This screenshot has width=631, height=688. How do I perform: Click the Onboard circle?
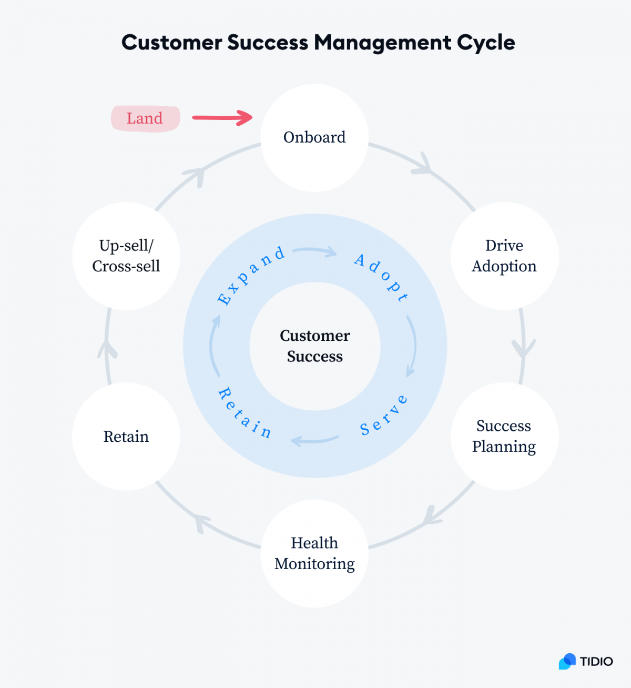(314, 138)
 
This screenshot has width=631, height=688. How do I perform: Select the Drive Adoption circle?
(504, 256)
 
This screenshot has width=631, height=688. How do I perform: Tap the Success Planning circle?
(504, 436)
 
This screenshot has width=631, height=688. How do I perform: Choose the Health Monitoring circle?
(314, 553)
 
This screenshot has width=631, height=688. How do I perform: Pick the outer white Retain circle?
(126, 437)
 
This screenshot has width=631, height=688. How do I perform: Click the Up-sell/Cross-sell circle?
(126, 256)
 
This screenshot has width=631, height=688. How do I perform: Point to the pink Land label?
(145, 118)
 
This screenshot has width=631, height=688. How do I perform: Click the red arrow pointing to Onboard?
(222, 118)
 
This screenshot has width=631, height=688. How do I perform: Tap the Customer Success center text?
(314, 346)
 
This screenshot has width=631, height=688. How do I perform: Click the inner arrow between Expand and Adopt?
(315, 251)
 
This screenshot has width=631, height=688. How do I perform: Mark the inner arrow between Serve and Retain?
(314, 440)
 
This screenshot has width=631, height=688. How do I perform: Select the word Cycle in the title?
(485, 43)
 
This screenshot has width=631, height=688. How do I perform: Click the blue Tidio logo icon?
(567, 661)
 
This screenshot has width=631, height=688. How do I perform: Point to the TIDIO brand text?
(596, 662)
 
